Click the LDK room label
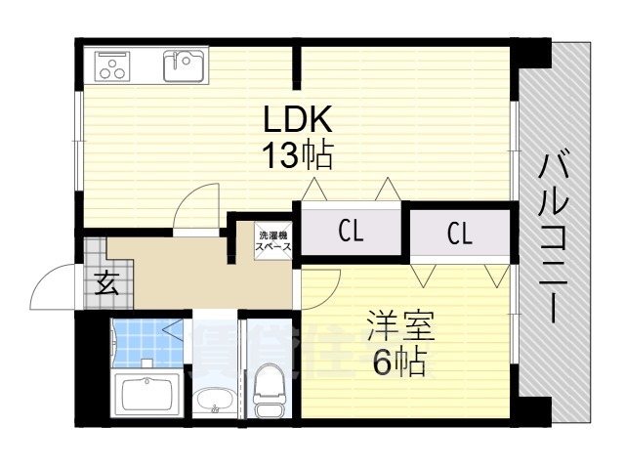tap(298, 121)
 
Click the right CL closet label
tap(459, 233)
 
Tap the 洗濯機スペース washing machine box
tap(272, 241)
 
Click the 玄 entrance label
tap(106, 285)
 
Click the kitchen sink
tap(183, 65)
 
